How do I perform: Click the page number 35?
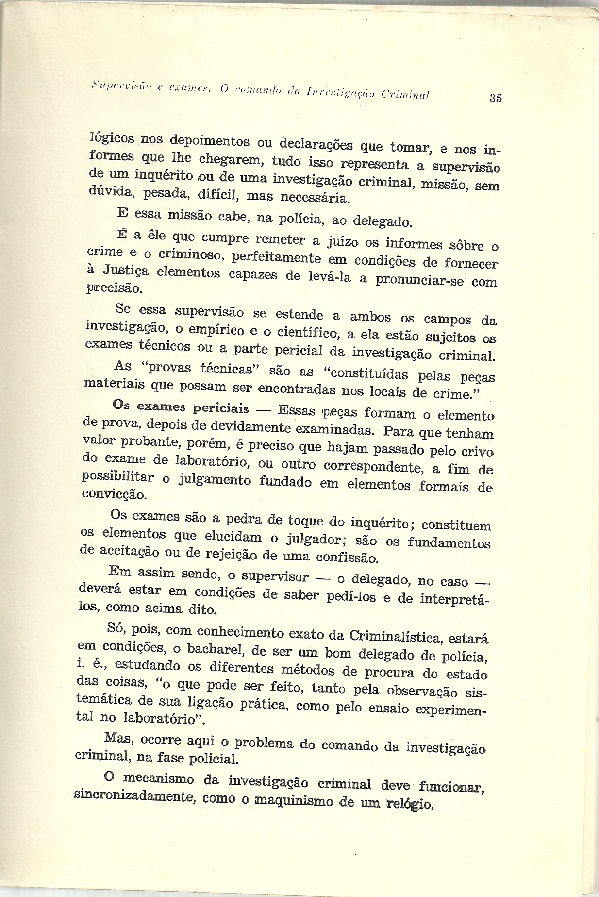pos(496,98)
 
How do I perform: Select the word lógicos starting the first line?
pos(113,138)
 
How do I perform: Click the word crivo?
pos(477,452)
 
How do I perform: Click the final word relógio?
pos(410,804)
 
